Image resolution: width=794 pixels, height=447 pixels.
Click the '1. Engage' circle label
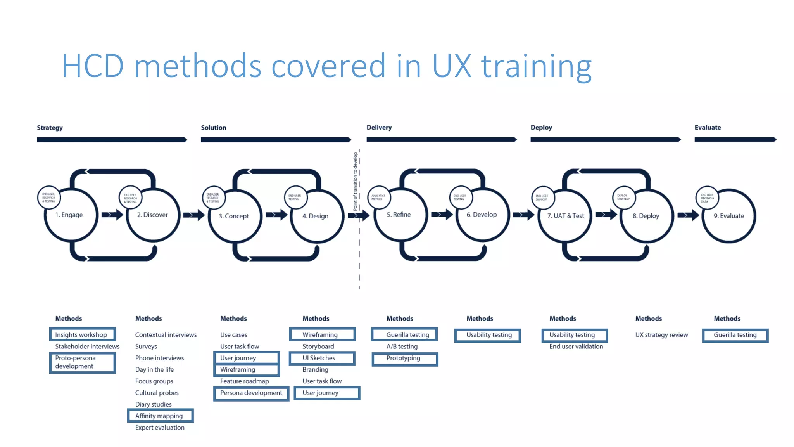[69, 215]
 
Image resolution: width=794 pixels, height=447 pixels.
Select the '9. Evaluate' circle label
[729, 216]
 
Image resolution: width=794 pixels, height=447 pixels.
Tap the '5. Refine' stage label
[399, 215]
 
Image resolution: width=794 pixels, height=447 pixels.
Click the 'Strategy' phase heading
[50, 128]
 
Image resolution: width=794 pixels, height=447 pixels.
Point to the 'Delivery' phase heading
[379, 127]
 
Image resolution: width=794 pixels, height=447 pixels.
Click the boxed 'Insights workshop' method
[82, 334]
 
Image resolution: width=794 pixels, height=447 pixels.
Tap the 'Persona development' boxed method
[251, 393]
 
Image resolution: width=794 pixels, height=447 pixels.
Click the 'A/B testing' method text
[402, 346]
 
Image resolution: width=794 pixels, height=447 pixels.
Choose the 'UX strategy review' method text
[661, 334]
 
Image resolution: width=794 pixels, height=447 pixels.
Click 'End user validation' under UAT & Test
[576, 346]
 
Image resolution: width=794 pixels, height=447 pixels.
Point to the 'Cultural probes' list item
[157, 393]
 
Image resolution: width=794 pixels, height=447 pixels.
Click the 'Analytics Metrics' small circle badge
[378, 198]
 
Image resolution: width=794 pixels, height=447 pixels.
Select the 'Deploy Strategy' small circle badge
[623, 198]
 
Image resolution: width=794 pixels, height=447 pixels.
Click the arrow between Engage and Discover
[112, 215]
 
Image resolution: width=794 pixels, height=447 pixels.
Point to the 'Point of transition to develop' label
[355, 182]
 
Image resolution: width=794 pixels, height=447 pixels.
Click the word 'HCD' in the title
[93, 66]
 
